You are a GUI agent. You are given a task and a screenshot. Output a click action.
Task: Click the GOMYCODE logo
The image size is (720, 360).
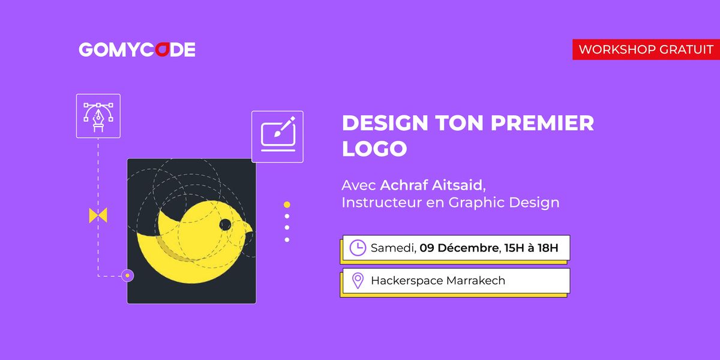[137, 50]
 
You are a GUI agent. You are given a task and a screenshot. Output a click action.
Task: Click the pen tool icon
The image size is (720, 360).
[98, 116]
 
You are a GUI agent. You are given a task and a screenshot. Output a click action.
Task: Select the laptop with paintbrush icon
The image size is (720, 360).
[277, 136]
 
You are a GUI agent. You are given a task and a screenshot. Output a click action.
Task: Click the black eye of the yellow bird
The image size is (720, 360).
[225, 225]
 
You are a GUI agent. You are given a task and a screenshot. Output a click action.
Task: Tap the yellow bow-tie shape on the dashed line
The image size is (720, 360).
[98, 215]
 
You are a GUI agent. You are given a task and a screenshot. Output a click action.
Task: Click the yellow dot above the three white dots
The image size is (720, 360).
[287, 205]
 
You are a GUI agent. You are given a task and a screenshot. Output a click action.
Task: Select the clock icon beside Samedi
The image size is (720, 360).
[358, 248]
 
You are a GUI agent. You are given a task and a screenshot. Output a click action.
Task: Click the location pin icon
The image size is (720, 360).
[358, 280]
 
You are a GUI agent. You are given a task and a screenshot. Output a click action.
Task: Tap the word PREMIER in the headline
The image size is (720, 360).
[542, 123]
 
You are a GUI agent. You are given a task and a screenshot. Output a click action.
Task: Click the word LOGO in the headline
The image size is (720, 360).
[374, 149]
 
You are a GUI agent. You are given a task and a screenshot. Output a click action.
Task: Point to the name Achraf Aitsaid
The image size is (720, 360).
[431, 183]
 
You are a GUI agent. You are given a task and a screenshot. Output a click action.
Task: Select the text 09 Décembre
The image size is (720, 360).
[459, 248]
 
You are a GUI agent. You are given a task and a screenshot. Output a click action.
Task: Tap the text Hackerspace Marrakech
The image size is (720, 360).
[438, 280]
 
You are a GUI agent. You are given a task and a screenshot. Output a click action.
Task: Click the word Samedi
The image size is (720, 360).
[392, 248]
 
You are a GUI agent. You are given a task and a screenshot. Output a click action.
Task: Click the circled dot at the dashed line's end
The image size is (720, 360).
[127, 276]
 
